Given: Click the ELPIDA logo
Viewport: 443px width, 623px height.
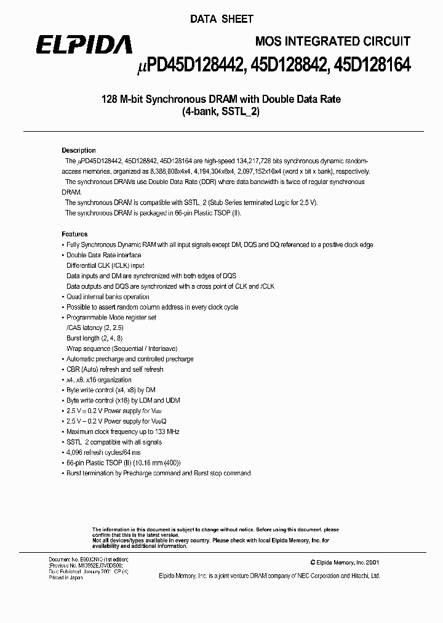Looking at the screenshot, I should [x=83, y=44].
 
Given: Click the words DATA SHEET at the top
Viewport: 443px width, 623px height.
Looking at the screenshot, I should [x=221, y=19].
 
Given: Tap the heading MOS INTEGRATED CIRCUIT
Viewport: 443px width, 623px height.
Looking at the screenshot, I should [x=332, y=41].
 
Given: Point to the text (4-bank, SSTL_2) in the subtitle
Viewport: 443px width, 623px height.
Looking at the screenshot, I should [x=221, y=112].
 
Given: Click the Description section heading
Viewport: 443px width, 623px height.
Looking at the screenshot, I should [x=79, y=150].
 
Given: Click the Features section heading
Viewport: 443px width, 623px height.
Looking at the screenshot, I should [x=75, y=234].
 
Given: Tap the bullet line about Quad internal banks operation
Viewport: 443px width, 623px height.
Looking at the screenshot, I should [x=108, y=297].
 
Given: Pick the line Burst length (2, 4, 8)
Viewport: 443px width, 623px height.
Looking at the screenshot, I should [x=94, y=338].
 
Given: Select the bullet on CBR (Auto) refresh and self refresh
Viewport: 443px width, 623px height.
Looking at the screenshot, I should [x=114, y=369].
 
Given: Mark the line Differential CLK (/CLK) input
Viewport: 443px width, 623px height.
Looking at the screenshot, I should [x=105, y=265].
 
